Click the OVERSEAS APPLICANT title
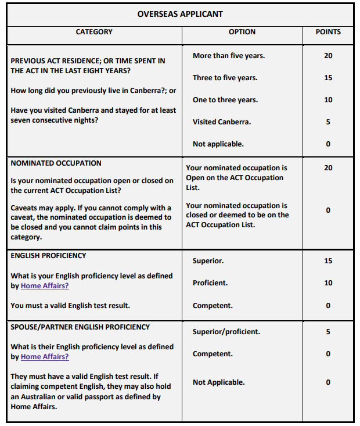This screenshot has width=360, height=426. pos(180,14)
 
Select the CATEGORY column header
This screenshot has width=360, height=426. pos(94,32)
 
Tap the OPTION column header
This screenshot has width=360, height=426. pos(242,32)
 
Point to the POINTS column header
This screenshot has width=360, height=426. pos(328,32)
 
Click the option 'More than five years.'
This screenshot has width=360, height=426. pos(228,56)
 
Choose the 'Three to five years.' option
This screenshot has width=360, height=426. pos(225,78)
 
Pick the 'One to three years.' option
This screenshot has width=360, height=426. pos(225,100)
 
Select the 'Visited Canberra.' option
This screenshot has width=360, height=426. pos(222,122)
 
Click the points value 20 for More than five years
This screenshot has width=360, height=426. pos(328,56)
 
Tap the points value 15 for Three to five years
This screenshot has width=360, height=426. pos(328,78)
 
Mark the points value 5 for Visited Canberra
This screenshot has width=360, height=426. pos(328,122)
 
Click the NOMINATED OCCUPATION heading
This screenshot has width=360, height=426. pos(56,164)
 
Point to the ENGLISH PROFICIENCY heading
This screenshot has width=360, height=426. pos(48,256)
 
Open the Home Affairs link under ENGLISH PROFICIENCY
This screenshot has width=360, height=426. pos(45,286)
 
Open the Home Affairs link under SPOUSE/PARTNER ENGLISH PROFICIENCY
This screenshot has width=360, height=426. pos(45,357)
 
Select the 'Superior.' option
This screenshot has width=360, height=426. pos(208,261)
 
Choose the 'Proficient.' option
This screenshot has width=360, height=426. pos(210,283)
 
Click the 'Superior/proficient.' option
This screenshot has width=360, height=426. pos(226,332)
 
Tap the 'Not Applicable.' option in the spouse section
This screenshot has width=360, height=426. pos(219,382)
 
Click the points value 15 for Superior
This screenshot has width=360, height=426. pos(328,261)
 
